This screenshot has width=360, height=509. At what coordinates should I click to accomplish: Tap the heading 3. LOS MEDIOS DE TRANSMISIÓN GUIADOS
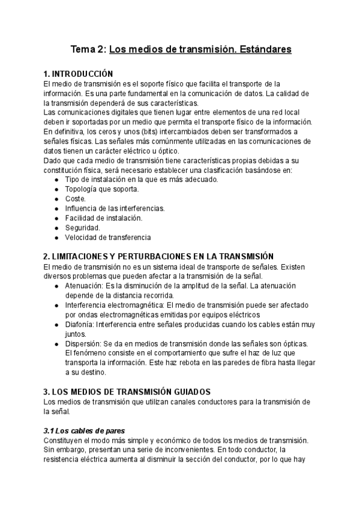coord(136,391)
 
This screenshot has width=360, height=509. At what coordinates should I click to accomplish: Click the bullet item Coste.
coord(76,199)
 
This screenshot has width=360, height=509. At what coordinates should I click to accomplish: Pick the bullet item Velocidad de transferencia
coord(108,237)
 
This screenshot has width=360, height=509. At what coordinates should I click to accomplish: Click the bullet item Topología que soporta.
coord(101,189)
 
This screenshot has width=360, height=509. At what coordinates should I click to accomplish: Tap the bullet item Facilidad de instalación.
coord(104,218)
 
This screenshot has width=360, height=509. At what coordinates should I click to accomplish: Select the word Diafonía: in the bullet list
coord(79,324)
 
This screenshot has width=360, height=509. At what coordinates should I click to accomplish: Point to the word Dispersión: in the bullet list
coord(83,343)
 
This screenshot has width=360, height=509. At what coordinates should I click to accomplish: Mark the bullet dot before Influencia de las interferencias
coord(56,208)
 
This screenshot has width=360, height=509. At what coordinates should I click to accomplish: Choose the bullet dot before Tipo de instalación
coord(56,179)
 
